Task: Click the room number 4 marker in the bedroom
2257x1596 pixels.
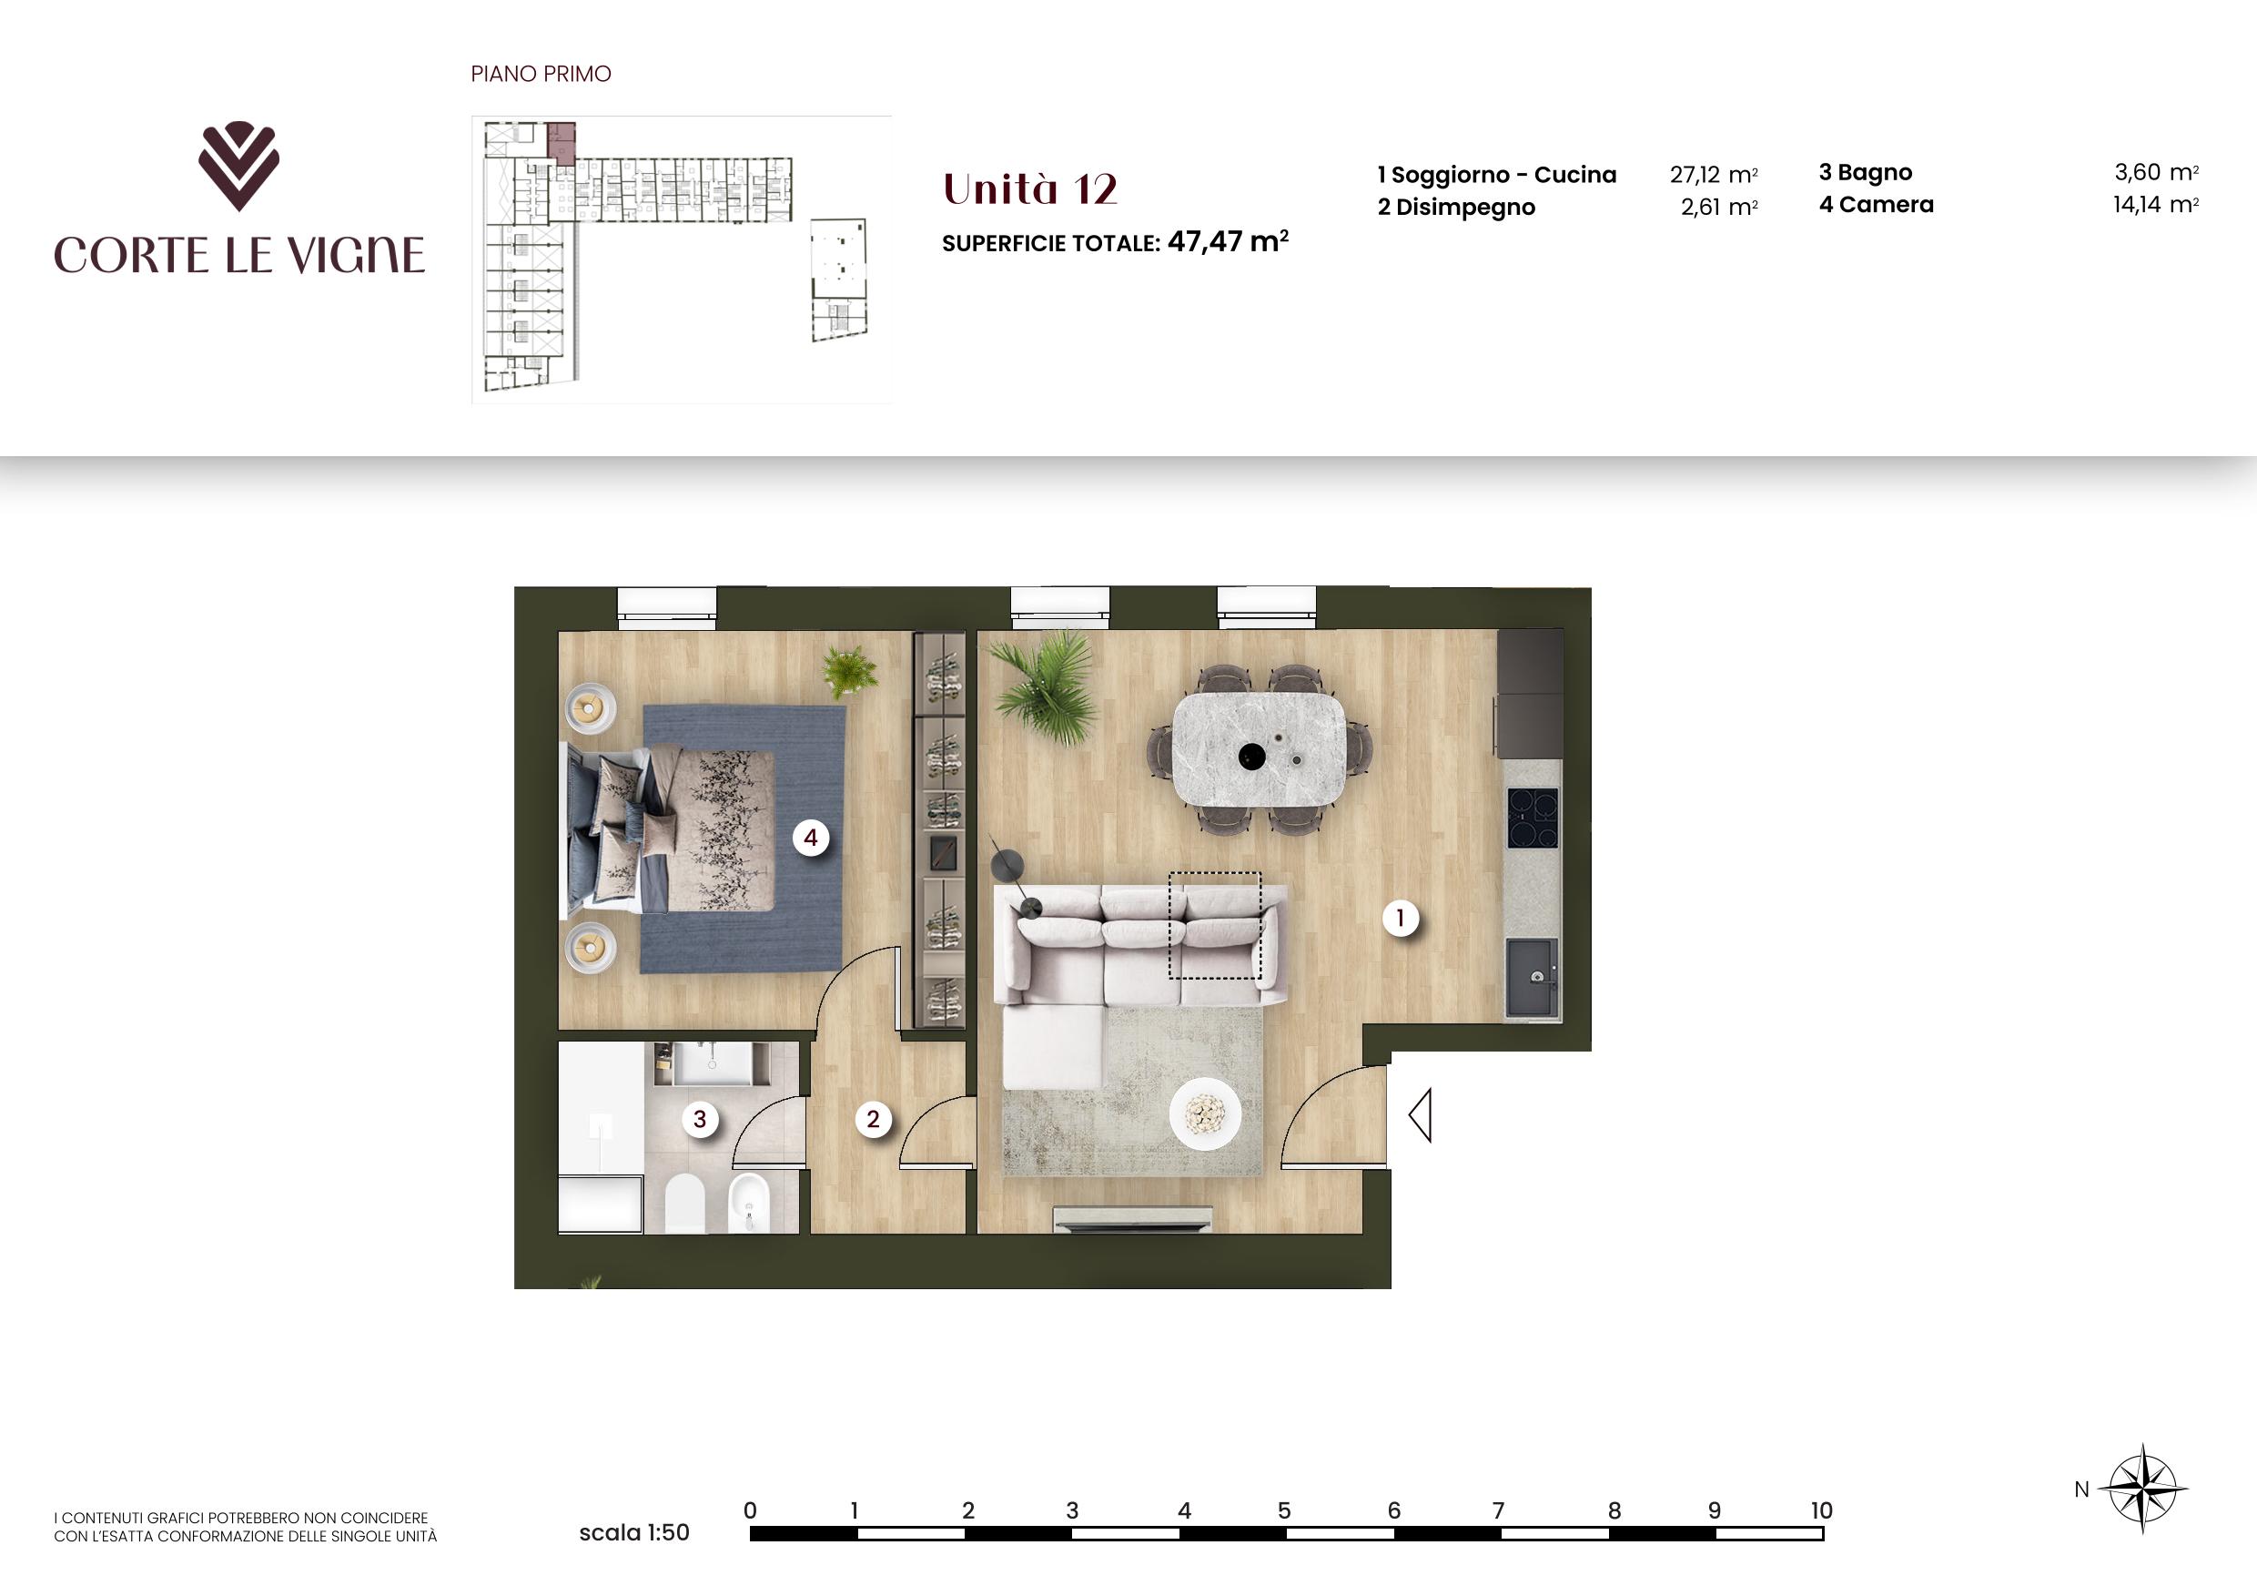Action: point(811,838)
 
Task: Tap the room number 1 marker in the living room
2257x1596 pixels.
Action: point(1400,919)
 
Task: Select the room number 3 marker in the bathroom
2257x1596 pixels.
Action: point(700,1118)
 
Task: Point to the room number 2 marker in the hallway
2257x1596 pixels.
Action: point(873,1118)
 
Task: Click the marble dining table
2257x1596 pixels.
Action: point(1260,749)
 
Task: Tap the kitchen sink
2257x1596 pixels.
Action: point(1532,978)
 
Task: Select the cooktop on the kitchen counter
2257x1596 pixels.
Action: point(1533,818)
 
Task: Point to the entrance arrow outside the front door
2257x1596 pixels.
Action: point(1420,1115)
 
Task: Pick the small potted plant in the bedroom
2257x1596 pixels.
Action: point(850,671)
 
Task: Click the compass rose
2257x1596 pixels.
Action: point(2143,1489)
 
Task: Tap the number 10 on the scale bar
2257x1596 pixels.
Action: point(1820,1510)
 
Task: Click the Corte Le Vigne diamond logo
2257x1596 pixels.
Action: point(238,165)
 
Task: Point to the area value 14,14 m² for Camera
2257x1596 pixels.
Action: point(2156,205)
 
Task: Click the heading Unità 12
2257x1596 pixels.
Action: point(1030,188)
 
